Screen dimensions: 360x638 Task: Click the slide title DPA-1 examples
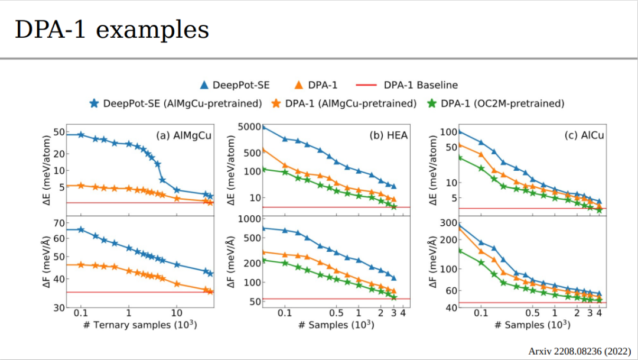tap(112, 30)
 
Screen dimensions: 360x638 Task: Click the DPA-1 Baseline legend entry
tap(407, 85)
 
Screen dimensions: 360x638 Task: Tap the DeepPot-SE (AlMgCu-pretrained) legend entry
tap(175, 103)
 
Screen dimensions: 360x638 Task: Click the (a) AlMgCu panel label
tap(184, 135)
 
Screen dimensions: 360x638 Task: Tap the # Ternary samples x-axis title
tap(140, 326)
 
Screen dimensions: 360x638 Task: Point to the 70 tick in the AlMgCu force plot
tap(57, 223)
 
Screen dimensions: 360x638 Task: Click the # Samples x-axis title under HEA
tap(336, 326)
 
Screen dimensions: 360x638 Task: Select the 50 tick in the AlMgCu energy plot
tap(57, 132)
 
